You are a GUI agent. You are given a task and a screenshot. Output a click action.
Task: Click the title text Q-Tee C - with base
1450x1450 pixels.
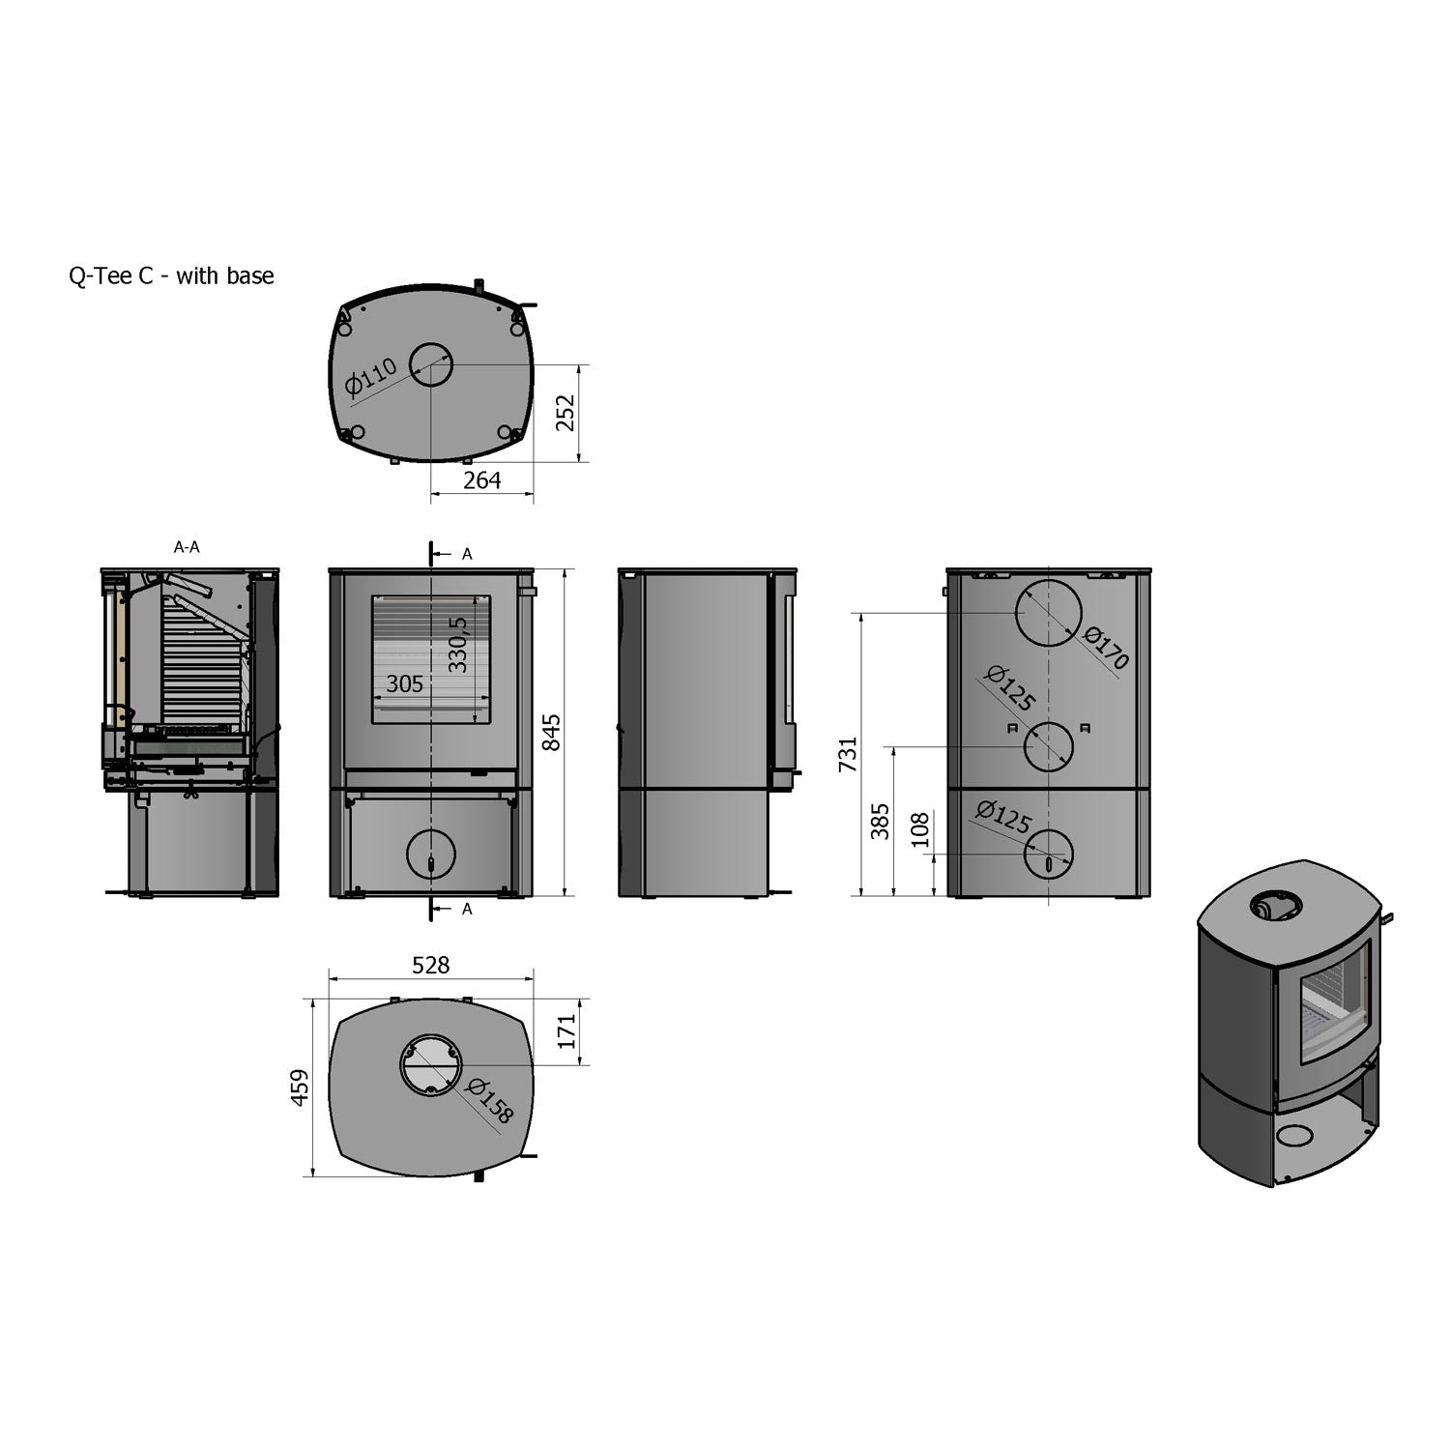click(x=171, y=276)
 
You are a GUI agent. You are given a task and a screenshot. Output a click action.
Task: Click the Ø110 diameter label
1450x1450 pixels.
click(x=371, y=378)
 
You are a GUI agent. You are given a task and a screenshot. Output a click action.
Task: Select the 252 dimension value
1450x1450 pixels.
click(x=566, y=413)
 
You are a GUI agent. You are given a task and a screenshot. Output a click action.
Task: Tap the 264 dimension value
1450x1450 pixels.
click(x=481, y=480)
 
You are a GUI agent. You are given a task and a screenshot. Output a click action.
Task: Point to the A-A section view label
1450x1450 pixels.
click(x=187, y=547)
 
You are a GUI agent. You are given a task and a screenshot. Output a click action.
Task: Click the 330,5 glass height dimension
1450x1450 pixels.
click(x=458, y=645)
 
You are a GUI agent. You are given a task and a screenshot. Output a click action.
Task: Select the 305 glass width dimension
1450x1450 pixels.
click(x=404, y=684)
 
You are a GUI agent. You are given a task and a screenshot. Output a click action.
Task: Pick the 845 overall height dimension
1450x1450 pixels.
click(x=551, y=732)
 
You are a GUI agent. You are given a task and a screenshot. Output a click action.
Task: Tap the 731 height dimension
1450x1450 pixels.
click(x=848, y=754)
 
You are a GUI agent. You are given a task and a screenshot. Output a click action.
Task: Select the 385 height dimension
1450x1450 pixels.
click(x=880, y=822)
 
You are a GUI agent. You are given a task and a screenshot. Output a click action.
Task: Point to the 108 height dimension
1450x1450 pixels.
click(x=920, y=829)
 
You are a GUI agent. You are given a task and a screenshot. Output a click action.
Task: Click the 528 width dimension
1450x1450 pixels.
click(x=431, y=965)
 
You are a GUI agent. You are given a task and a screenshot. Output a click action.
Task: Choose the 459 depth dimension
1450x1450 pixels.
click(x=301, y=1087)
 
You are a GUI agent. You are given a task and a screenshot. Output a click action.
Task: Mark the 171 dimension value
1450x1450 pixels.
click(x=566, y=1031)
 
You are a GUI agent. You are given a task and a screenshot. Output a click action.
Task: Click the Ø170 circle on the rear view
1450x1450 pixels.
click(x=1048, y=615)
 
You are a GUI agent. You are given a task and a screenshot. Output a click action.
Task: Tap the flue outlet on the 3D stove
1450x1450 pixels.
click(x=1275, y=907)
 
